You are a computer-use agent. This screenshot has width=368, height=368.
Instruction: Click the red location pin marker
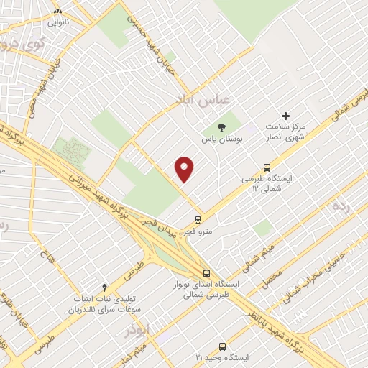[185, 169]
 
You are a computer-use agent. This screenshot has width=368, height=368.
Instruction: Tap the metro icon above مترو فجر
[198, 220]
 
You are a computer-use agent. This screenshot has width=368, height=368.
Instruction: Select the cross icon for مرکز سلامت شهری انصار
[285, 116]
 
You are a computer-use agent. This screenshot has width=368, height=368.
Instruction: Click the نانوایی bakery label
[58, 22]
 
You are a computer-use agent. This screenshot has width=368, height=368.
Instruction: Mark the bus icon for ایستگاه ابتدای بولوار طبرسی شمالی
[207, 273]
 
